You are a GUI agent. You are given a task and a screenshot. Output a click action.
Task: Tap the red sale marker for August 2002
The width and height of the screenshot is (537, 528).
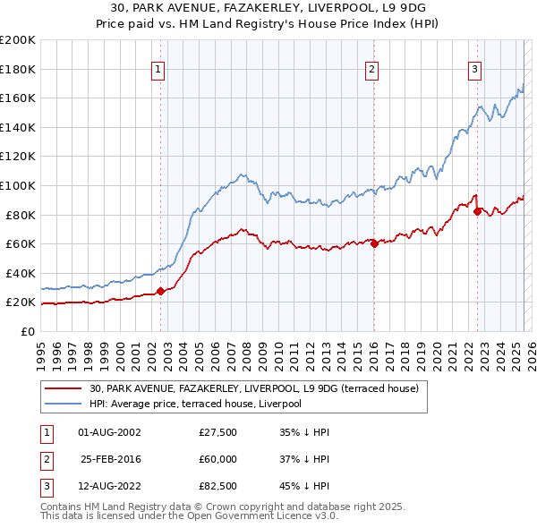tap(161, 291)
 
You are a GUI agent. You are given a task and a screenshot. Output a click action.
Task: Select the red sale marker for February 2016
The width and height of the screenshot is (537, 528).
tap(374, 243)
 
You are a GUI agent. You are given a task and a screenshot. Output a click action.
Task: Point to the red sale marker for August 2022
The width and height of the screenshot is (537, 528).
tap(477, 211)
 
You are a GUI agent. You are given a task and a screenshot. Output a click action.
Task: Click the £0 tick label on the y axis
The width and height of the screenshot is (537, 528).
tap(28, 331)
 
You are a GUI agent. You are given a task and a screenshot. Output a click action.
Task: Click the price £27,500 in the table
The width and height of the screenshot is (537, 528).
tap(217, 432)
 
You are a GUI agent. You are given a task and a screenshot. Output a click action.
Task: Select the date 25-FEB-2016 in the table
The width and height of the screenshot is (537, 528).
tap(110, 459)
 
